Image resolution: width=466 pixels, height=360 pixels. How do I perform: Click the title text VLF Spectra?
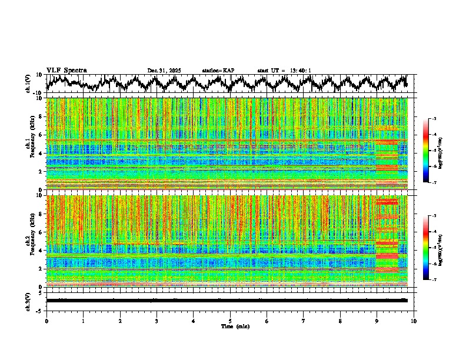66,70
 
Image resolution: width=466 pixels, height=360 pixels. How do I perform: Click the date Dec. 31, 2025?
164,71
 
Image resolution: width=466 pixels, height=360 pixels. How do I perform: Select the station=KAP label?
218,71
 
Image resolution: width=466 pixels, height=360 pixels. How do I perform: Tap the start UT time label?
284,71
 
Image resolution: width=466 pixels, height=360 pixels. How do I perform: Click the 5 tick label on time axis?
230,321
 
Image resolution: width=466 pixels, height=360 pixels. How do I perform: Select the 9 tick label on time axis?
377,321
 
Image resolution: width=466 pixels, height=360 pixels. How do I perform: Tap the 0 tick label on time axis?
46,321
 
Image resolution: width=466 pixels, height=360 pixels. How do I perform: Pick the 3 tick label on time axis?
157,321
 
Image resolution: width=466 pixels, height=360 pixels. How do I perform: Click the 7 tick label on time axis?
304,321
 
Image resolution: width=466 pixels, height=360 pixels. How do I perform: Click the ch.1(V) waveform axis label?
29,84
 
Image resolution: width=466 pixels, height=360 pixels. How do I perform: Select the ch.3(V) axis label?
29,301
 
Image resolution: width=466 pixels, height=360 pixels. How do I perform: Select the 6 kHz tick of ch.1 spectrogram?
42,135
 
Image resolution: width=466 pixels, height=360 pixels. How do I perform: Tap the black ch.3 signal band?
227,300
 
